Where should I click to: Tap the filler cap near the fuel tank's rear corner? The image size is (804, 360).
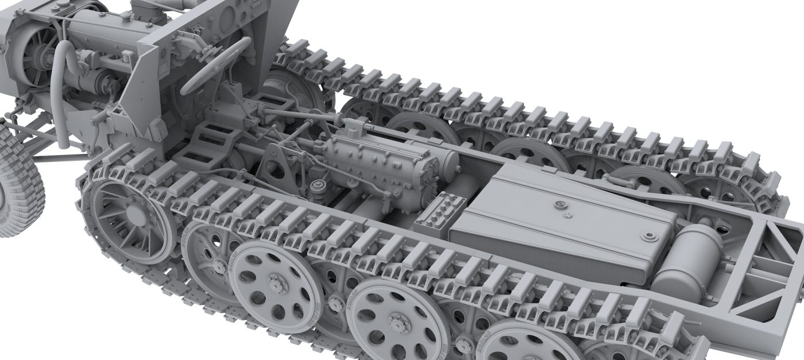pyautogui.click(x=650, y=237)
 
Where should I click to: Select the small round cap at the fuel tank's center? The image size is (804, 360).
pyautogui.click(x=558, y=204)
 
